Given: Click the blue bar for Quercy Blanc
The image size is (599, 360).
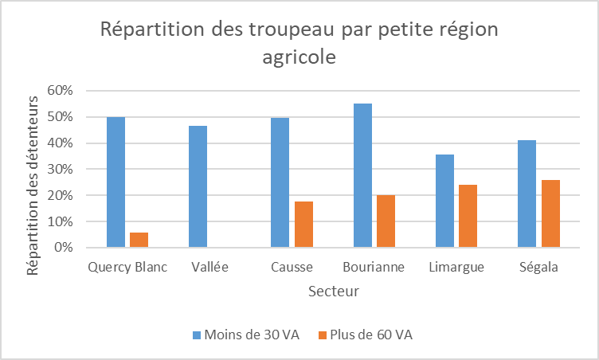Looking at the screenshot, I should tap(116, 182).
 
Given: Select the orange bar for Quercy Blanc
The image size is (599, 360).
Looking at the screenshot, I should tap(139, 240).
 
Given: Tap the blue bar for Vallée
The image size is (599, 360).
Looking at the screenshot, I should tap(198, 186).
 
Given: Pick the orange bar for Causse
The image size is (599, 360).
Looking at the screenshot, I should tap(303, 225).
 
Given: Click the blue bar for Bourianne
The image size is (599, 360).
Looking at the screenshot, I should tap(362, 175).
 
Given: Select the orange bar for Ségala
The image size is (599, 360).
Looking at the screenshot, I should tap(550, 213).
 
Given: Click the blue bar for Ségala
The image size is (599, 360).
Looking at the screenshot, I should tap(527, 194).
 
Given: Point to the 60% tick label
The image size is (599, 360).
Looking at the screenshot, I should tap(60, 91).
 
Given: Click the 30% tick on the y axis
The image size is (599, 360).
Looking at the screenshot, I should tap(60, 169).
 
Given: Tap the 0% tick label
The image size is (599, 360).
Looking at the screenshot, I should tap(63, 248).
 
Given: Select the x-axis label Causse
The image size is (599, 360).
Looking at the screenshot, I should tap(292, 267).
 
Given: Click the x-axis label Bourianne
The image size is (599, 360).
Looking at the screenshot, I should tap(374, 267).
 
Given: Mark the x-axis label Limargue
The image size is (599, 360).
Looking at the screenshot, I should tap(456, 267).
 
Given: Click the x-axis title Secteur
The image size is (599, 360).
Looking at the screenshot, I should tap(333, 291).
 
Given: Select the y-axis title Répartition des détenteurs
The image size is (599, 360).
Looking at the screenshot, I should tap(33, 186).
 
